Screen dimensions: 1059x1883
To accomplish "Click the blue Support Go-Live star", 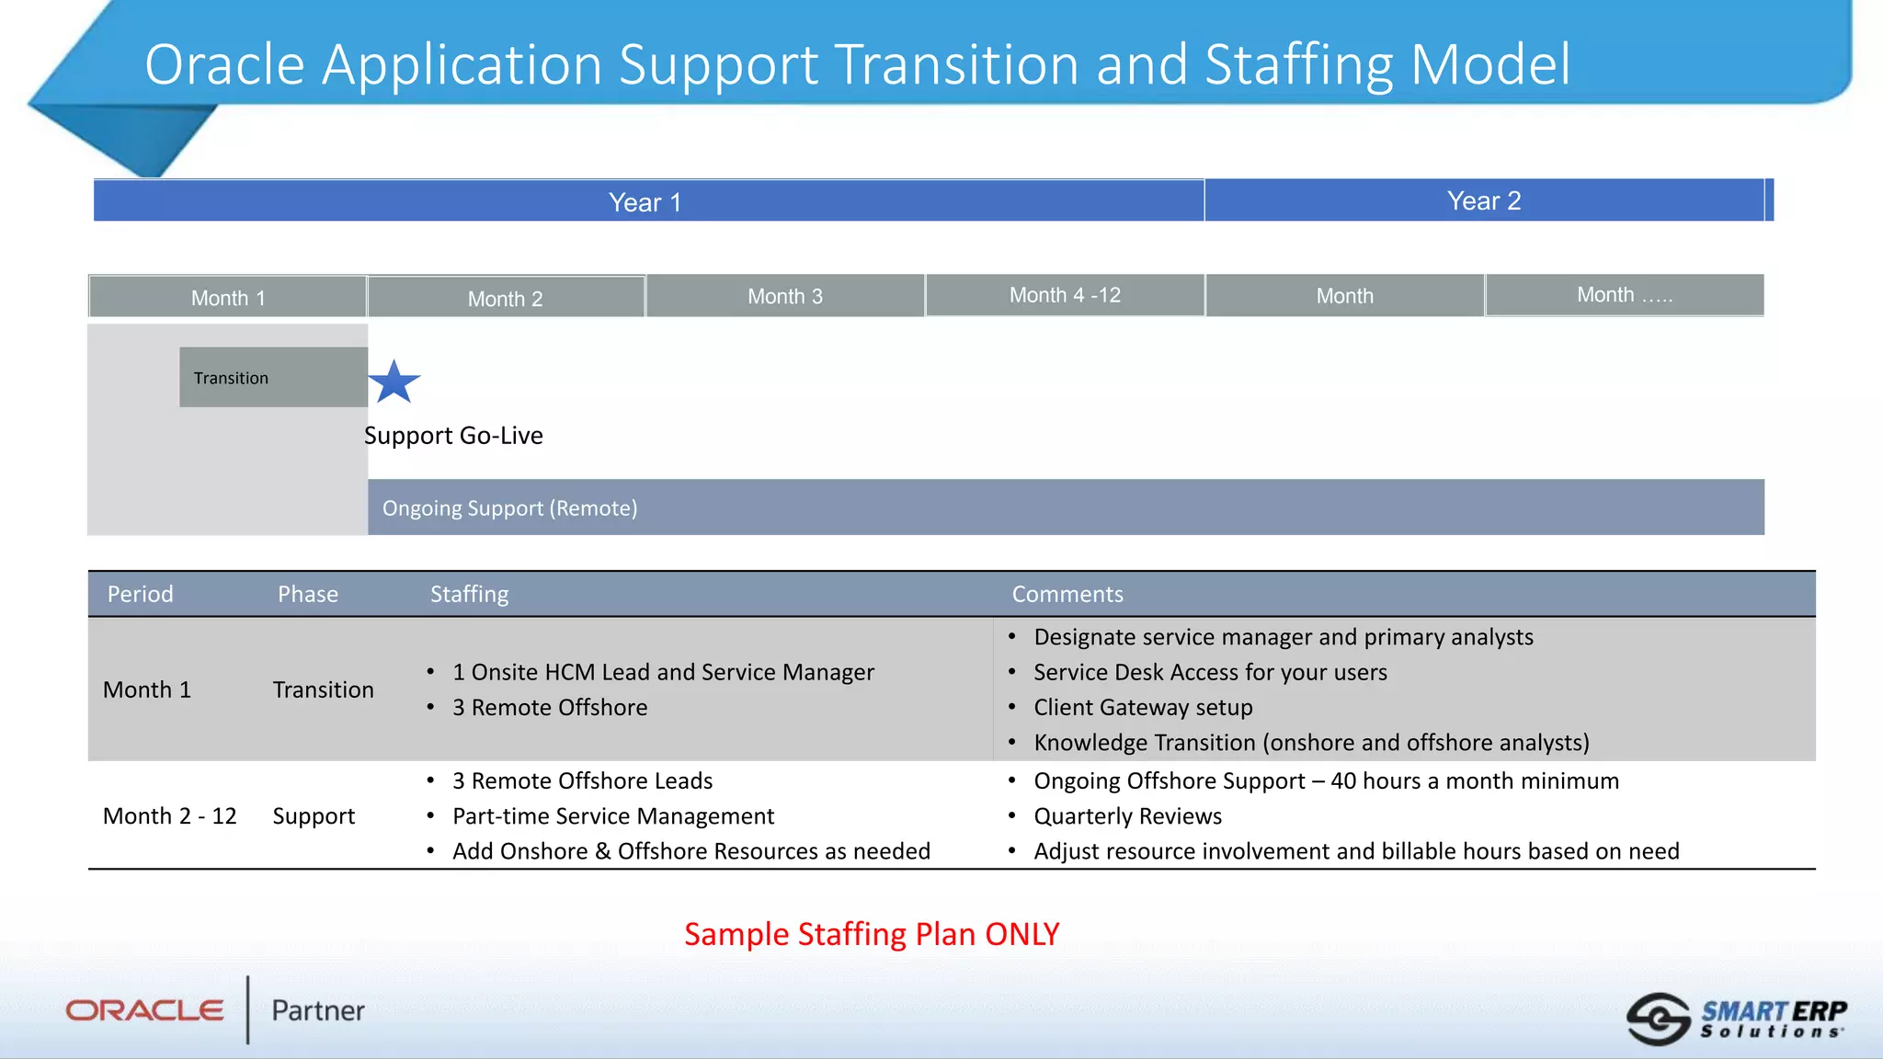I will click(x=394, y=382).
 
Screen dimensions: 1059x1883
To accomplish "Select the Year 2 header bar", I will click(x=1484, y=200).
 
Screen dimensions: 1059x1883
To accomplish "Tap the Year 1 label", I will click(x=645, y=202).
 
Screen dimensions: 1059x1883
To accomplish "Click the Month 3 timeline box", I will click(x=785, y=296).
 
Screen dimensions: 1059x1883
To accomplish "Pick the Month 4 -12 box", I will click(x=1065, y=295).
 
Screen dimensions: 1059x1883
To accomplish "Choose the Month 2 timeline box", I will click(x=506, y=298).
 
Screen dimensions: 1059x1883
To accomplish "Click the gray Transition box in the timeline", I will click(x=273, y=377).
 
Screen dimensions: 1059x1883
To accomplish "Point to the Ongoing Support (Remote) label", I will click(x=509, y=507).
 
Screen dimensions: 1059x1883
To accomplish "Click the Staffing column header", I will click(x=469, y=594).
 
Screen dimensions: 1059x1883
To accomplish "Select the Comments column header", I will click(x=1067, y=594).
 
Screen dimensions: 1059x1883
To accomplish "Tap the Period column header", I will click(x=140, y=594).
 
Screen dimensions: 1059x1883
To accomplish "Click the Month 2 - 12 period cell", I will click(x=169, y=815).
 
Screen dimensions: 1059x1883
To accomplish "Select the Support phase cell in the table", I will click(x=314, y=815).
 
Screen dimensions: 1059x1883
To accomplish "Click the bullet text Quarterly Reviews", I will click(x=1127, y=815).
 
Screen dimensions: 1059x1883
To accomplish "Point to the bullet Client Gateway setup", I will click(x=1143, y=707).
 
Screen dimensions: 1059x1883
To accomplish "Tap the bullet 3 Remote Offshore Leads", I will click(x=582, y=780).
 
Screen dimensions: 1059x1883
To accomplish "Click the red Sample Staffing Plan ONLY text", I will click(x=871, y=933).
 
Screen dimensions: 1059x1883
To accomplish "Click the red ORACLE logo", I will click(x=144, y=1010).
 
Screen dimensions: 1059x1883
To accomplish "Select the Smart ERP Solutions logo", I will click(x=1736, y=1019).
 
